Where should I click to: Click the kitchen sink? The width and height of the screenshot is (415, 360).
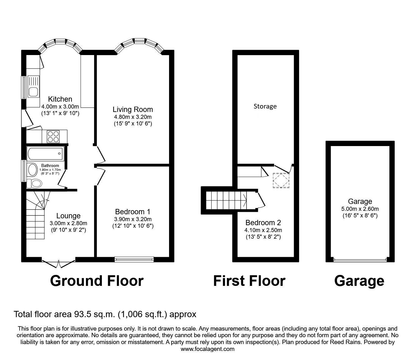pos(33,87)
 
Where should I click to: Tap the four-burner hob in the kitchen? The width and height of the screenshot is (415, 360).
pos(53,136)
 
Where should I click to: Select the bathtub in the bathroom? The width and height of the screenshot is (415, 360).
pos(45,154)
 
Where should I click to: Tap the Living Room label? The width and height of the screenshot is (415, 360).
pos(133,109)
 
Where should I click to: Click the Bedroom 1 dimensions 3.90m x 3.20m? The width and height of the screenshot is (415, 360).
pos(133,219)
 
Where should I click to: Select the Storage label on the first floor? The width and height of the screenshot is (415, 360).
pos(265,106)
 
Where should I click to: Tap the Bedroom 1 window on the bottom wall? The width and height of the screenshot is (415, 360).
pos(134,259)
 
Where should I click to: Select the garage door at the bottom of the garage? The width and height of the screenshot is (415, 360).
pos(360,259)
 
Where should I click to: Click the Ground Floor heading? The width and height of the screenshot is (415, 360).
pos(97,281)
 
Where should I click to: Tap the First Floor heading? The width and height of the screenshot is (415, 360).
pos(249,281)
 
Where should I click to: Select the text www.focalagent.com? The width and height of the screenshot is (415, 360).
pos(207,349)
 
